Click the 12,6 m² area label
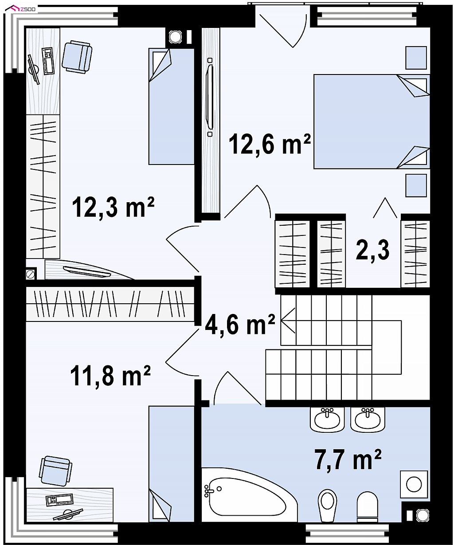(270, 144)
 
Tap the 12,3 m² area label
(113, 207)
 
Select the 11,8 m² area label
(110, 376)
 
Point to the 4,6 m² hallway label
(240, 325)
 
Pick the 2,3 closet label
(372, 250)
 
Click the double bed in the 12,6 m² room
(372, 122)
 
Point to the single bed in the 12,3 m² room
(172, 106)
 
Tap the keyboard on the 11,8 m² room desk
(59, 499)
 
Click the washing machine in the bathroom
(414, 485)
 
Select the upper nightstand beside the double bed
(416, 58)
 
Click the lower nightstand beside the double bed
(416, 185)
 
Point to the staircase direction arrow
(288, 321)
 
